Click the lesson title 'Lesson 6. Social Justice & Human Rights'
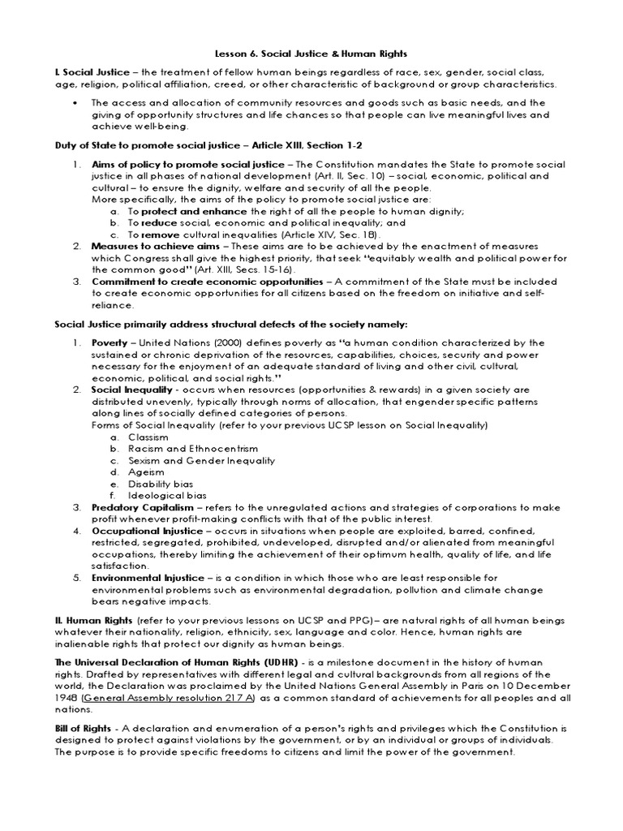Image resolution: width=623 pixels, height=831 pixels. point(311,50)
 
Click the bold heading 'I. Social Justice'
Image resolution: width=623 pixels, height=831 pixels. point(91,72)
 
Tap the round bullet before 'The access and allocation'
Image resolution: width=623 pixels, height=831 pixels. point(75,103)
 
